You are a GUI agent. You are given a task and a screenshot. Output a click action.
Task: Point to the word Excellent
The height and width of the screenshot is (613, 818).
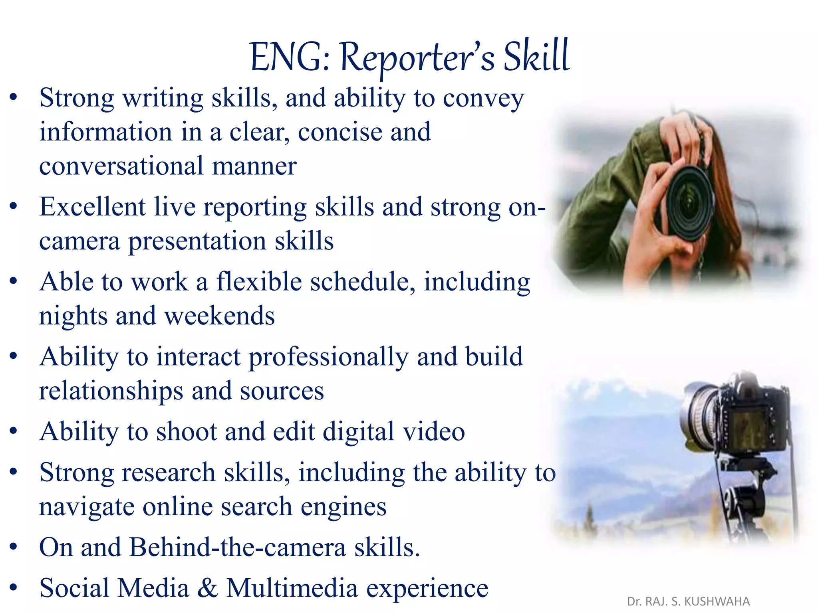pyautogui.click(x=92, y=207)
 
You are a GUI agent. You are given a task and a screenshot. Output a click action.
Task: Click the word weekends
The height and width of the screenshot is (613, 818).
pyautogui.click(x=219, y=316)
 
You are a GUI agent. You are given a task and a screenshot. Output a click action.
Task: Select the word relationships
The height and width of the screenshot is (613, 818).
pyautogui.click(x=111, y=391)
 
